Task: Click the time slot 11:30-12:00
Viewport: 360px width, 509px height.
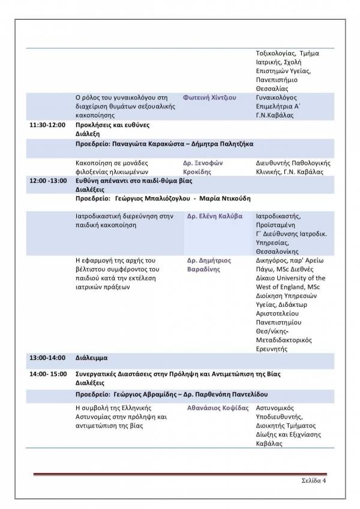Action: coord(47,125)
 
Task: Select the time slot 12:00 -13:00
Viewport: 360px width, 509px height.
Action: coord(49,180)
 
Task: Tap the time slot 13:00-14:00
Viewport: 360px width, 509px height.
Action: coord(47,358)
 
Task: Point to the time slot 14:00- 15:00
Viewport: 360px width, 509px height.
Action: coord(49,374)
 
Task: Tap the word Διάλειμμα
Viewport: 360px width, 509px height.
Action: coord(91,358)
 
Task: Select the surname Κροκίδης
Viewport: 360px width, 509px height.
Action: coord(197,171)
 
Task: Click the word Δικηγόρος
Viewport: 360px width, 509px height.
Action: coord(274,260)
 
